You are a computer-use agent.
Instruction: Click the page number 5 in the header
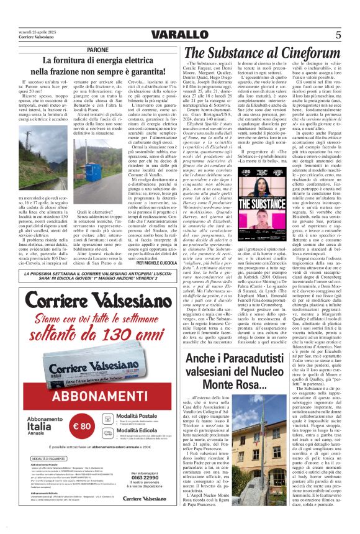coord(338,34)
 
